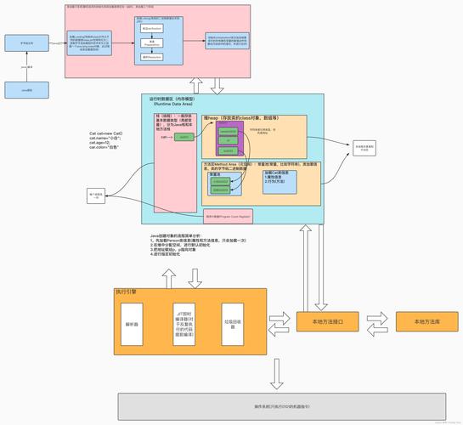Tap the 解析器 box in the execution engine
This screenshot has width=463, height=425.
pos(131,323)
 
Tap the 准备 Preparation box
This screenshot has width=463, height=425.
pos(152,42)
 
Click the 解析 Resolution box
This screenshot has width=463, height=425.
pos(152,56)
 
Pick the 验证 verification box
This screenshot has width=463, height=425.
pos(152,26)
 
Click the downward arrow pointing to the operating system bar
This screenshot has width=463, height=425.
pos(275,372)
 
